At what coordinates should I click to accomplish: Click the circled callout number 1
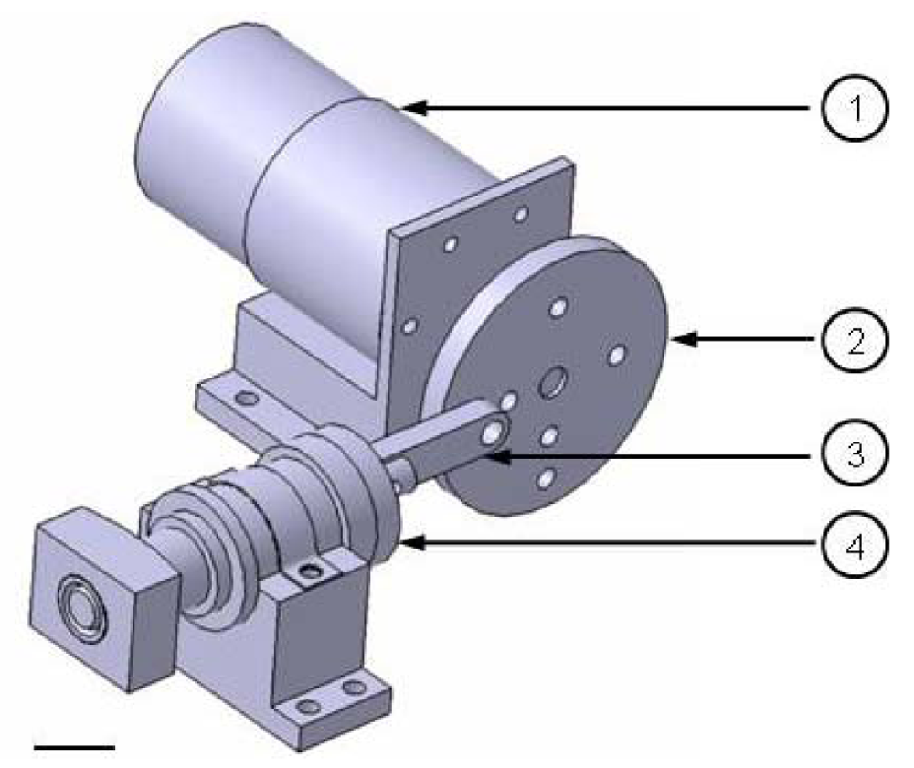(x=855, y=108)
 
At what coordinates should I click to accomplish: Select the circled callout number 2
(x=855, y=340)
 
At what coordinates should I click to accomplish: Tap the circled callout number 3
(x=855, y=453)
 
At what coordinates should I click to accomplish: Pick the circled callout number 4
(x=855, y=545)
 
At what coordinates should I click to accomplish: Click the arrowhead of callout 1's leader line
(x=414, y=108)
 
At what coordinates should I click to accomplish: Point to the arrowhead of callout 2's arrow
(x=683, y=339)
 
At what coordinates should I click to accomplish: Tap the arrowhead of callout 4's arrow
(x=413, y=543)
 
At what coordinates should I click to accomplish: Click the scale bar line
(x=75, y=746)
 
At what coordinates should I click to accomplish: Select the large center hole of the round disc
(x=552, y=382)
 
